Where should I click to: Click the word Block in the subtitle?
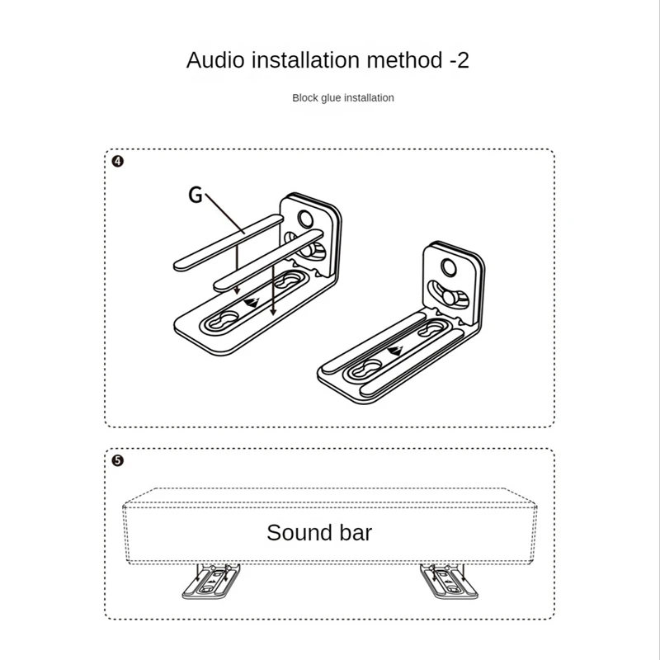[x=306, y=98]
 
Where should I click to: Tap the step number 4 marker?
[x=117, y=162]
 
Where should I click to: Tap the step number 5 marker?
[x=117, y=460]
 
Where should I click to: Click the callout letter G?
[x=196, y=195]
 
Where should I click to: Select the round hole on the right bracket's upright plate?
[x=449, y=266]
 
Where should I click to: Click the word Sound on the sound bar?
[x=298, y=532]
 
